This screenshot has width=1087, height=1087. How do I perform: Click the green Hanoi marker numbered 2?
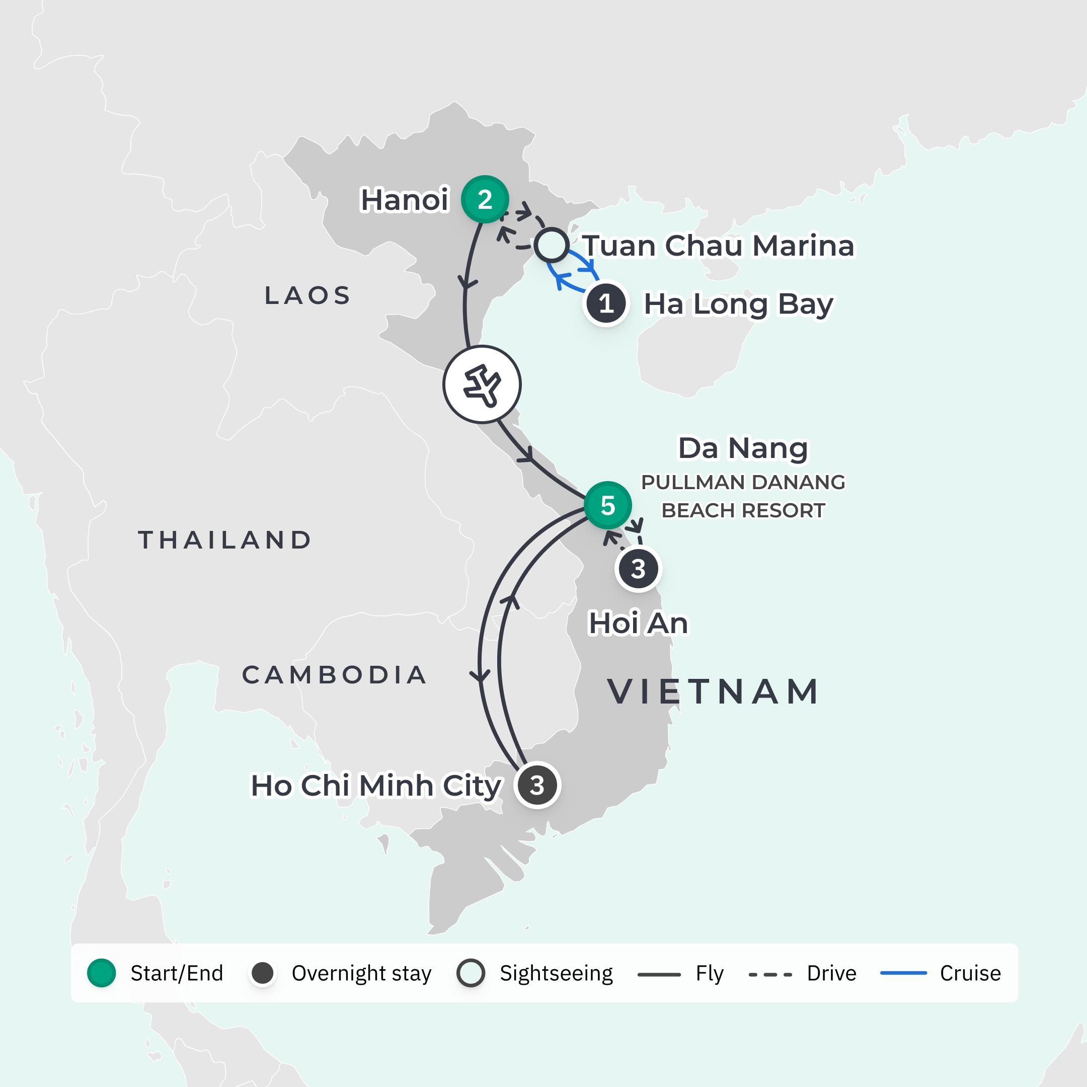pyautogui.click(x=485, y=199)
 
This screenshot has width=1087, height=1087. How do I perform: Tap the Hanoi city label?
pyautogui.click(x=405, y=200)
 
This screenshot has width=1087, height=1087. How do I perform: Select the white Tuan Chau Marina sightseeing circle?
pyautogui.click(x=552, y=245)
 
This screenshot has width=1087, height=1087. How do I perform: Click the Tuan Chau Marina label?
pyautogui.click(x=718, y=246)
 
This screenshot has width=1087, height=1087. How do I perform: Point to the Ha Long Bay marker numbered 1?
pyautogui.click(x=606, y=304)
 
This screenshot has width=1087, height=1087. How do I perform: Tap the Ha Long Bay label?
pyautogui.click(x=738, y=304)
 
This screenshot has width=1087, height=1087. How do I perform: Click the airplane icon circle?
pyautogui.click(x=482, y=385)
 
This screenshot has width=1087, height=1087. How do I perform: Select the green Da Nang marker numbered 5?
pyautogui.click(x=607, y=505)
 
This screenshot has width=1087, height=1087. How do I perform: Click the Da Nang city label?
pyautogui.click(x=743, y=448)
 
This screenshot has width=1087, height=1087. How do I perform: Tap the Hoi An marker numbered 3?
pyautogui.click(x=638, y=569)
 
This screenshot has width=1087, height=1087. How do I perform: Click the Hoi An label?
pyautogui.click(x=638, y=624)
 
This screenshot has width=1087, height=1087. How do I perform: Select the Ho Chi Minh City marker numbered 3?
pyautogui.click(x=537, y=785)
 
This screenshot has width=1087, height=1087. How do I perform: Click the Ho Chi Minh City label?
pyautogui.click(x=376, y=786)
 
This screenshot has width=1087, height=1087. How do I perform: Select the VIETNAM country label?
pyautogui.click(x=714, y=691)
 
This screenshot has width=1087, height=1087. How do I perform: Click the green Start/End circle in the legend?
pyautogui.click(x=102, y=973)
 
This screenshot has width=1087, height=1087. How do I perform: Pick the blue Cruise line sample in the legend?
pyautogui.click(x=903, y=973)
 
